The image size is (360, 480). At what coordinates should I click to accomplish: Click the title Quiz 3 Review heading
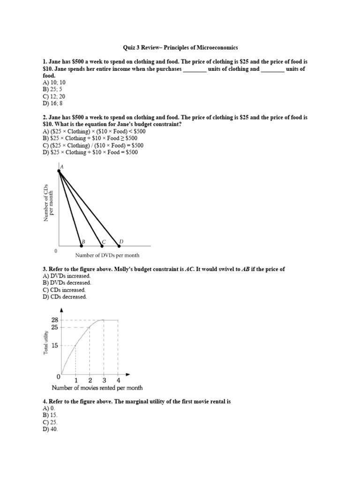click(x=180, y=47)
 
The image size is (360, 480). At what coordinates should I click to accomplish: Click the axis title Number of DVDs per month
click(x=107, y=255)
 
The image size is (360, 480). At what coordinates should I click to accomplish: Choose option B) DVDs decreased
click(x=67, y=283)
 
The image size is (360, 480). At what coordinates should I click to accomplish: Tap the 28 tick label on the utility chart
click(x=55, y=320)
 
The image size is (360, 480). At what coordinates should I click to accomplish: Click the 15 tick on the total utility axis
click(x=55, y=345)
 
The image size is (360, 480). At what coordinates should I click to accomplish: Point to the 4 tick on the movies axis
click(x=118, y=380)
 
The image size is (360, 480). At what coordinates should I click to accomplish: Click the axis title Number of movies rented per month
click(x=97, y=388)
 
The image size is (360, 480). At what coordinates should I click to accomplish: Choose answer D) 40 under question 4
click(x=50, y=430)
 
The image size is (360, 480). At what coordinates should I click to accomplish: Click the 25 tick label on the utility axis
click(x=55, y=327)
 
